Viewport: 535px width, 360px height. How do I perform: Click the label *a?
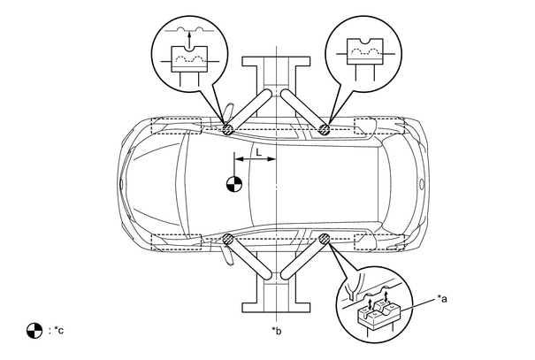click(442, 299)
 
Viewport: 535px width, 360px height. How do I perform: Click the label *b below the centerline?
click(277, 331)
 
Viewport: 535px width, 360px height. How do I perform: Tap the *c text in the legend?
click(58, 330)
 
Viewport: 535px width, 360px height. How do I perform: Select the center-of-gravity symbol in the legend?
click(34, 331)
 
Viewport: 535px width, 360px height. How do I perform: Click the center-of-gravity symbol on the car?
click(234, 184)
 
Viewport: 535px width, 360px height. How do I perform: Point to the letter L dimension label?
click(258, 152)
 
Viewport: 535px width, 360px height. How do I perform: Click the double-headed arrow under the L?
click(256, 159)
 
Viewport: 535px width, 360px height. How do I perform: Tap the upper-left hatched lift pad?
click(227, 129)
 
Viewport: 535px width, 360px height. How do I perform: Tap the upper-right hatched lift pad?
click(324, 129)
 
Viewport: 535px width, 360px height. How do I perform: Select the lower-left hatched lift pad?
click(228, 239)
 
